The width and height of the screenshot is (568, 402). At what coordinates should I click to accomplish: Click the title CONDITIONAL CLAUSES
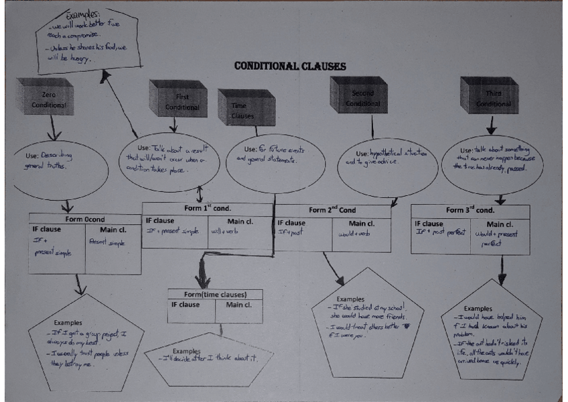tap(289, 66)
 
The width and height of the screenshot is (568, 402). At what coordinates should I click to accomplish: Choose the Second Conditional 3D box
tap(362, 97)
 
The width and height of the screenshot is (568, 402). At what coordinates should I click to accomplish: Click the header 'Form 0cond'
tap(84, 219)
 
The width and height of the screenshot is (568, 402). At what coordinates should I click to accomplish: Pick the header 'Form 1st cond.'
tap(208, 208)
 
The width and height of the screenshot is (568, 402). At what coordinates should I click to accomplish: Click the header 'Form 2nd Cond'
tap(332, 210)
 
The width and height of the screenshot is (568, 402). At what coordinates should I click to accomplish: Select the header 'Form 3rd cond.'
tap(470, 211)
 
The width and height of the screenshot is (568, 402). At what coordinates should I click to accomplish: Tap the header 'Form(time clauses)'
tap(214, 294)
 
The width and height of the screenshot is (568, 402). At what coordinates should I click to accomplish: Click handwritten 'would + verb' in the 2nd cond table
tap(354, 234)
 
